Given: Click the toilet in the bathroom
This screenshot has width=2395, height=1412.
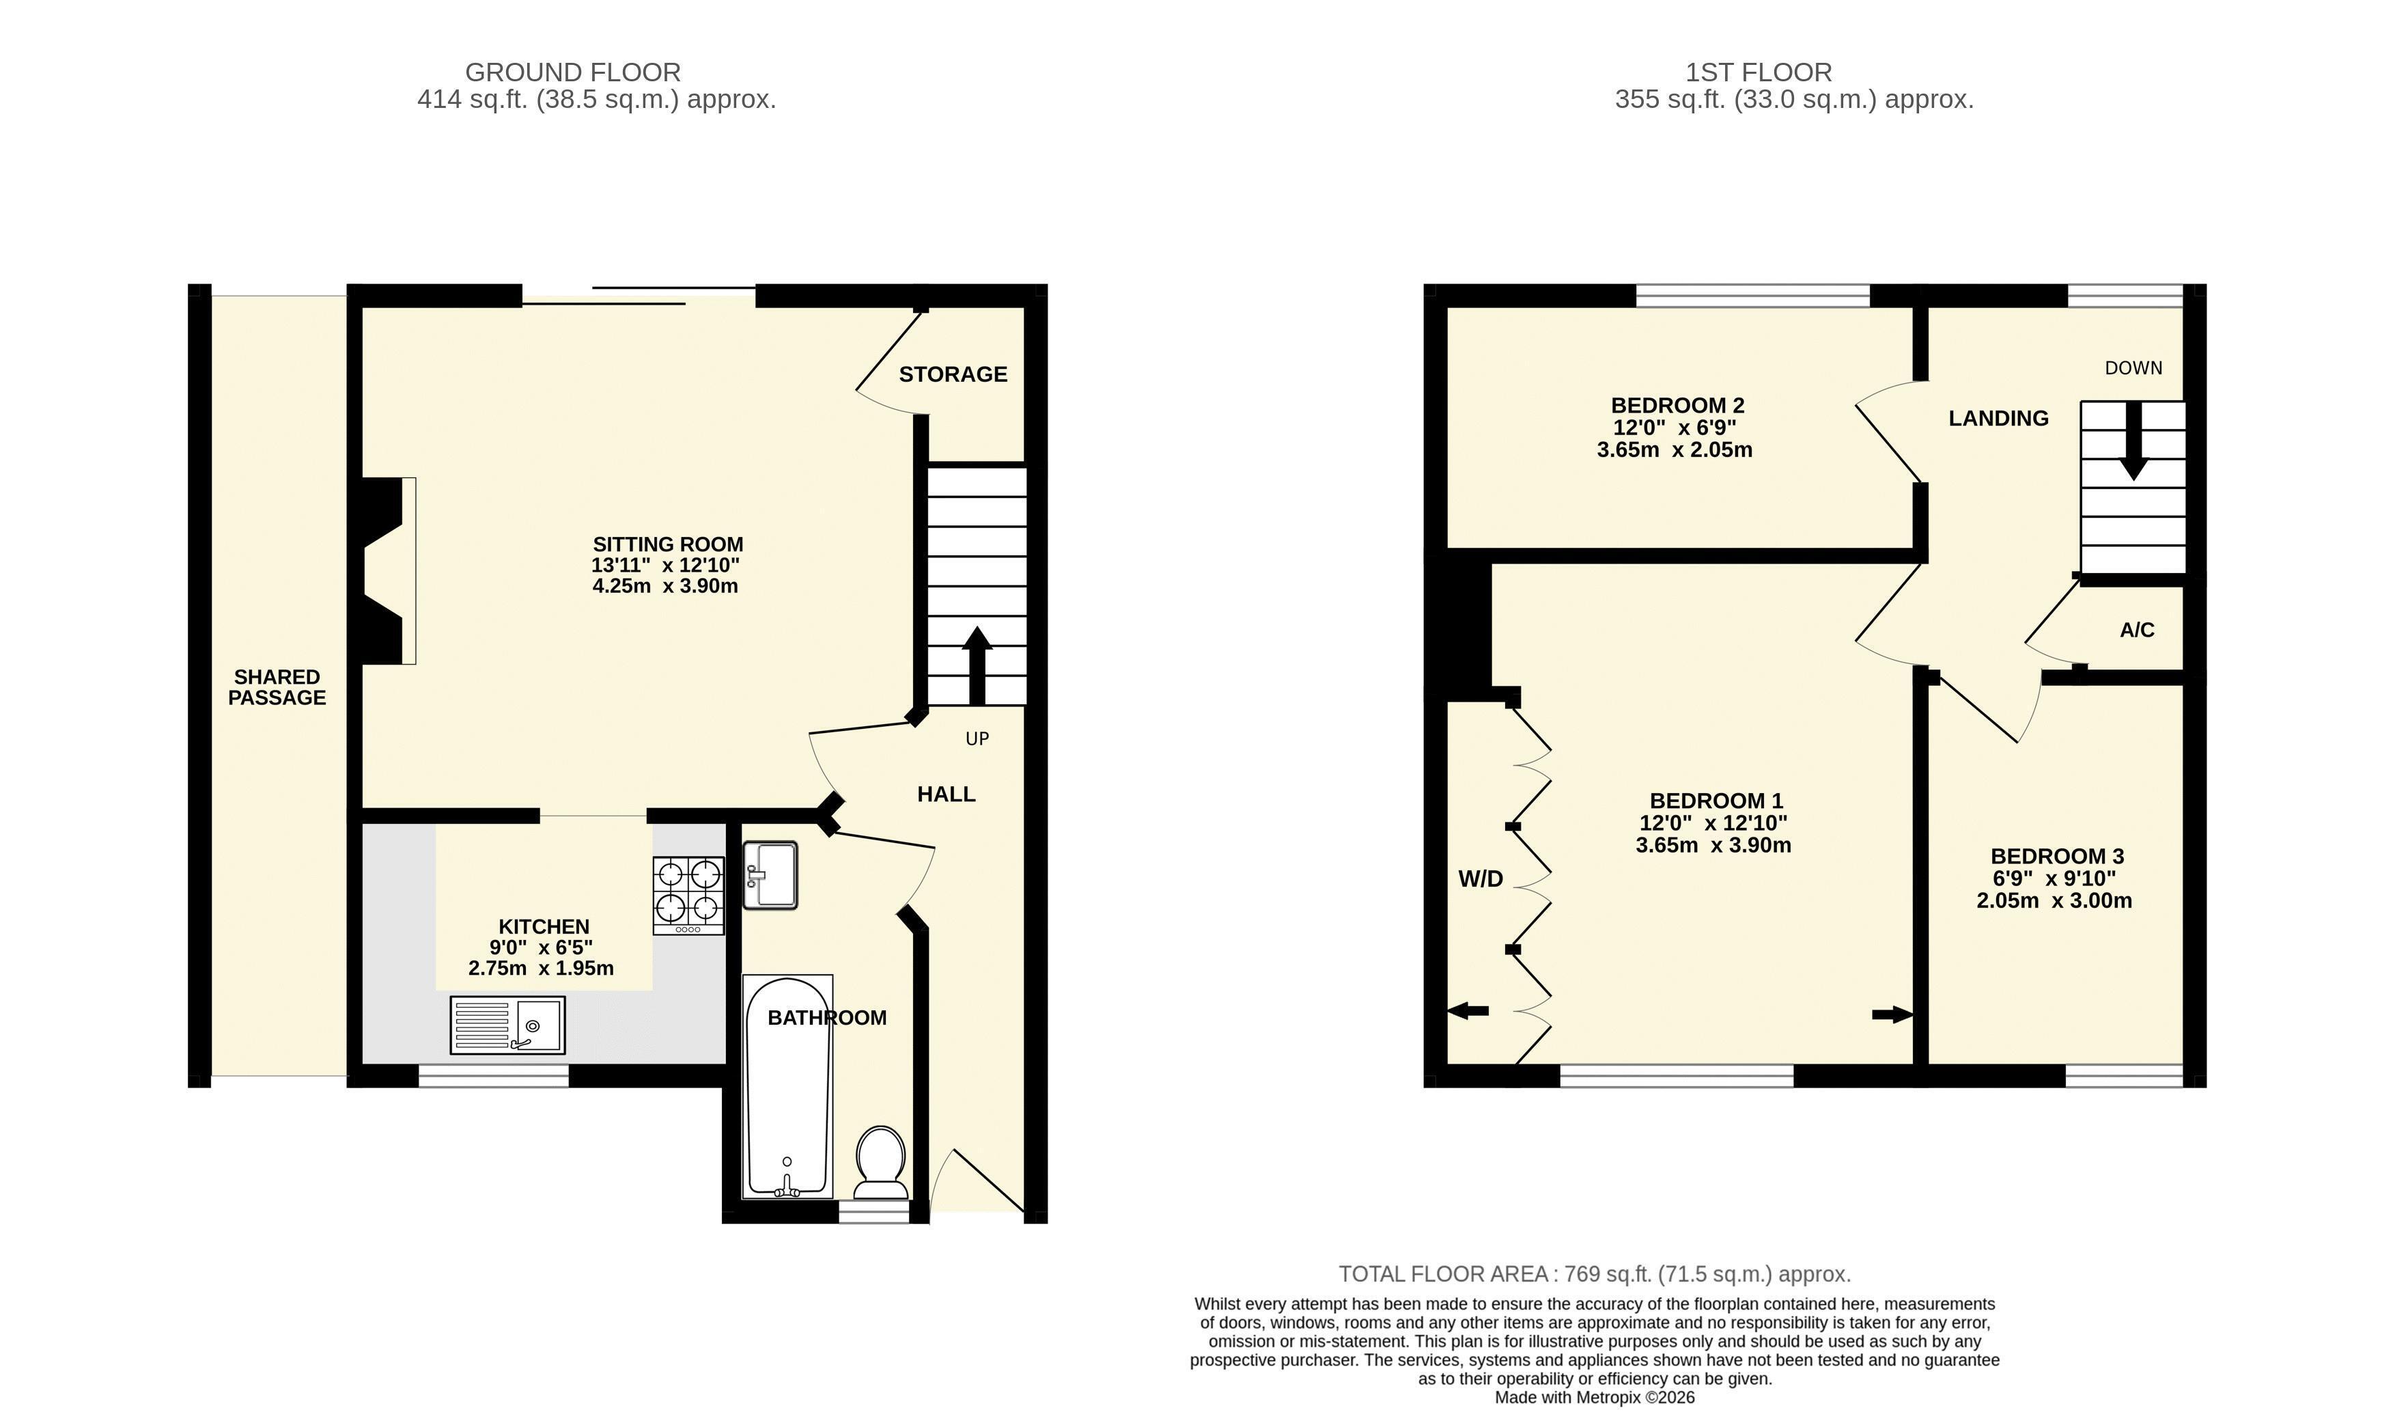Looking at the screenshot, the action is (x=881, y=1162).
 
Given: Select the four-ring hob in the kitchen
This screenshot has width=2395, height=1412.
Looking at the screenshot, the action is (x=688, y=896).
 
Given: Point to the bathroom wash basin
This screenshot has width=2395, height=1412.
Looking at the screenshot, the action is (x=770, y=875).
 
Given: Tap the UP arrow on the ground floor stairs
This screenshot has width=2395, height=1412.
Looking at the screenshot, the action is (x=977, y=664).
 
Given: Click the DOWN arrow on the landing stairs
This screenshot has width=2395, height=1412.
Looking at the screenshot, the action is (x=2133, y=440).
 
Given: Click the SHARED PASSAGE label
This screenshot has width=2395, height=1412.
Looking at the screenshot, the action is (x=277, y=687).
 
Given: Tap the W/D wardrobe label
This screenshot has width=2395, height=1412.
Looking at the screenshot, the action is (x=1481, y=879).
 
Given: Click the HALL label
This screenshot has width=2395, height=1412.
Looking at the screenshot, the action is (x=947, y=794).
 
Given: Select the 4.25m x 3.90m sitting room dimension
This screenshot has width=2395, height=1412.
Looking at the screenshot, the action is (x=666, y=586).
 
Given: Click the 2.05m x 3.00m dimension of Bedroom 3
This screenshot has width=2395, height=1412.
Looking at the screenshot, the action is (x=2054, y=901).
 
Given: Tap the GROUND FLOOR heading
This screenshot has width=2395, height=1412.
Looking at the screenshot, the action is (x=572, y=72).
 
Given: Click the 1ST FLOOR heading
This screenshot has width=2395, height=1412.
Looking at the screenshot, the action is (x=1759, y=72).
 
